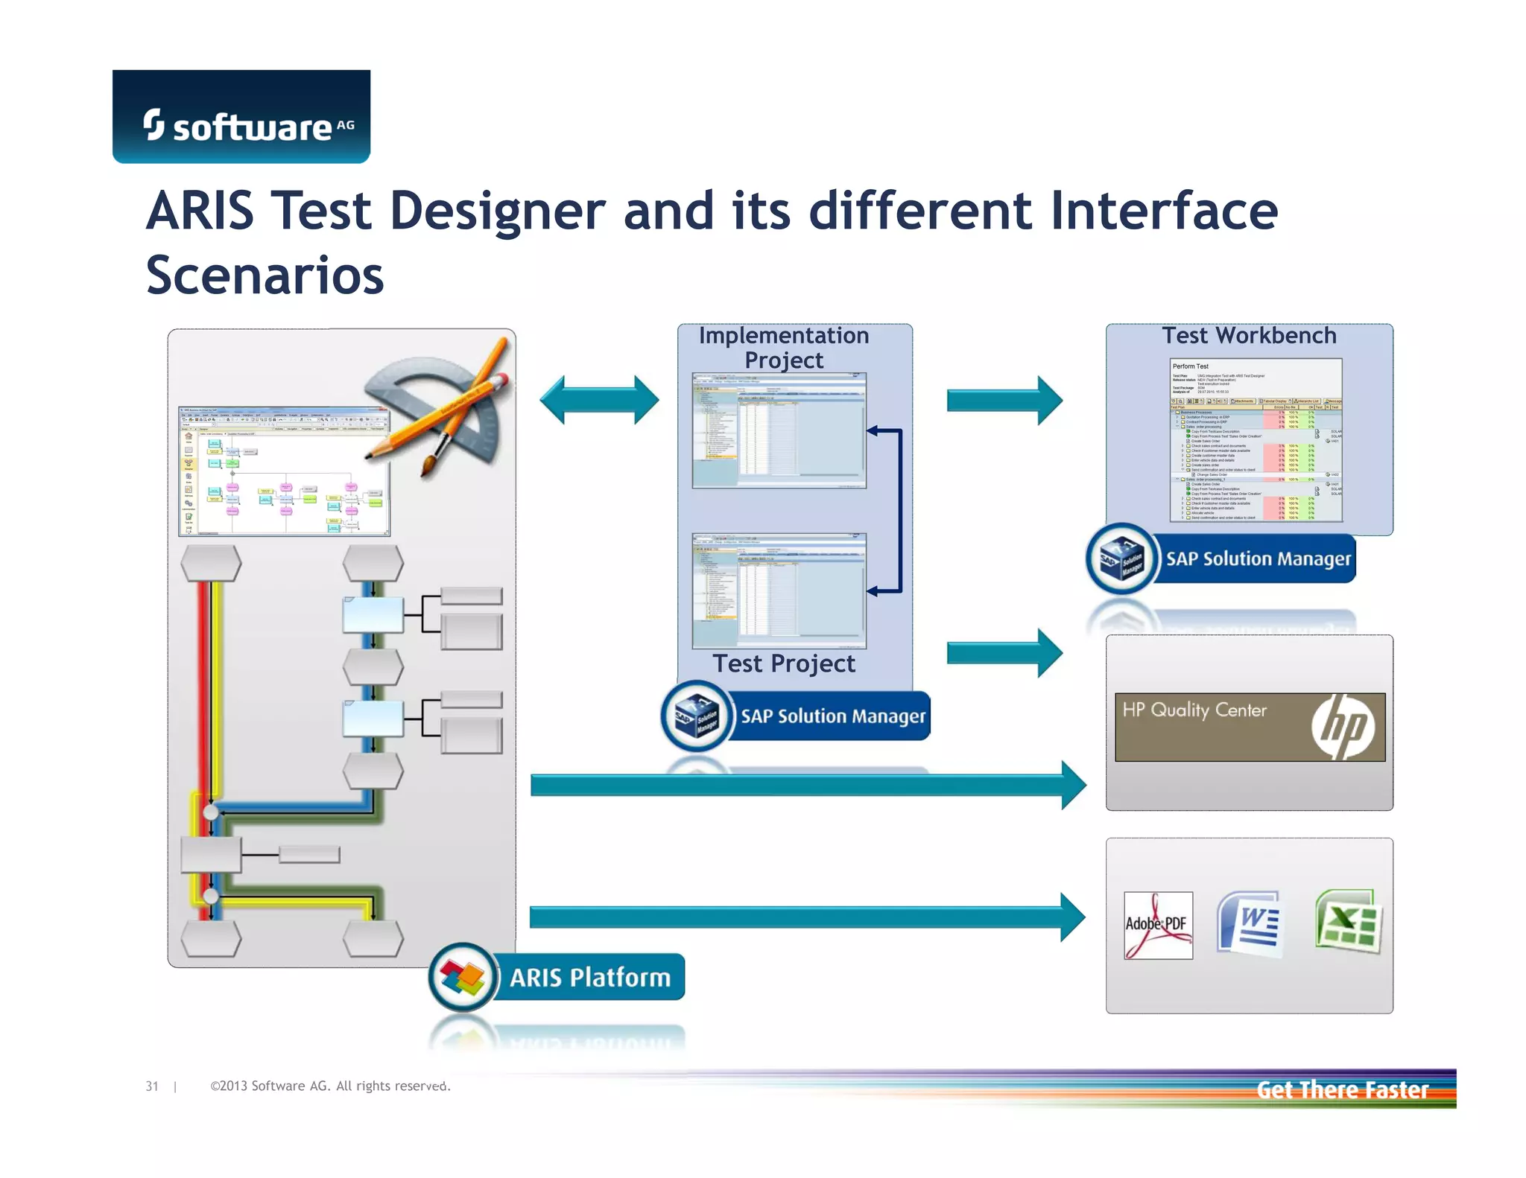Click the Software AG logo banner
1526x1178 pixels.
click(241, 117)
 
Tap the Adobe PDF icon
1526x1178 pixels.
click(1157, 925)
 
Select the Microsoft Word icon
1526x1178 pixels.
click(1250, 923)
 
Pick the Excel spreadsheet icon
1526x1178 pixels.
click(1348, 922)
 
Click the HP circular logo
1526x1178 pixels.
click(1342, 727)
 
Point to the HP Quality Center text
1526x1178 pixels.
click(1194, 710)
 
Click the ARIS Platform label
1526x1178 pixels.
click(589, 977)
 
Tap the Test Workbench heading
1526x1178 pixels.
click(1249, 336)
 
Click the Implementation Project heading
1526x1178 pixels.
click(784, 348)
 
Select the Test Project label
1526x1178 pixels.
click(784, 663)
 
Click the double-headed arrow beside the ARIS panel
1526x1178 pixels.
click(599, 400)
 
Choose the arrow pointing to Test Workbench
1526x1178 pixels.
click(1004, 400)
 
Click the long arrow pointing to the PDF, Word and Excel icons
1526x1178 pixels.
click(806, 917)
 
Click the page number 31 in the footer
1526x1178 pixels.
click(152, 1086)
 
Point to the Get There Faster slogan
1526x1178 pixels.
click(1342, 1090)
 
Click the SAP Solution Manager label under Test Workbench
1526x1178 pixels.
click(1257, 559)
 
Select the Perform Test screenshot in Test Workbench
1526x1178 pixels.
click(1256, 441)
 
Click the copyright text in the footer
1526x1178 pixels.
click(330, 1086)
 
